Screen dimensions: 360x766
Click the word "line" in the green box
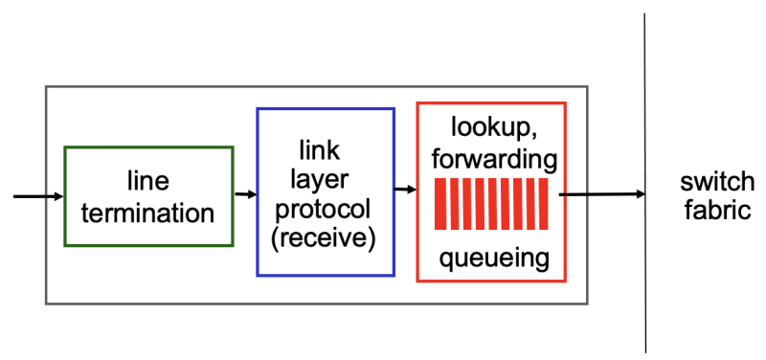tap(147, 181)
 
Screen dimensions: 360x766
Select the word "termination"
tap(147, 212)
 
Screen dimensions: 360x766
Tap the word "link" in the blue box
tap(319, 150)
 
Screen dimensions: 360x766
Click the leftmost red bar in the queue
tap(439, 204)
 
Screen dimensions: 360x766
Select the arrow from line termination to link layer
tap(245, 194)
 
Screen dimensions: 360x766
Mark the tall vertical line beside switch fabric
tap(646, 287)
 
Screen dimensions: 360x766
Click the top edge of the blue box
tap(326, 109)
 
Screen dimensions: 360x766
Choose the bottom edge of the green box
tap(147, 244)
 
